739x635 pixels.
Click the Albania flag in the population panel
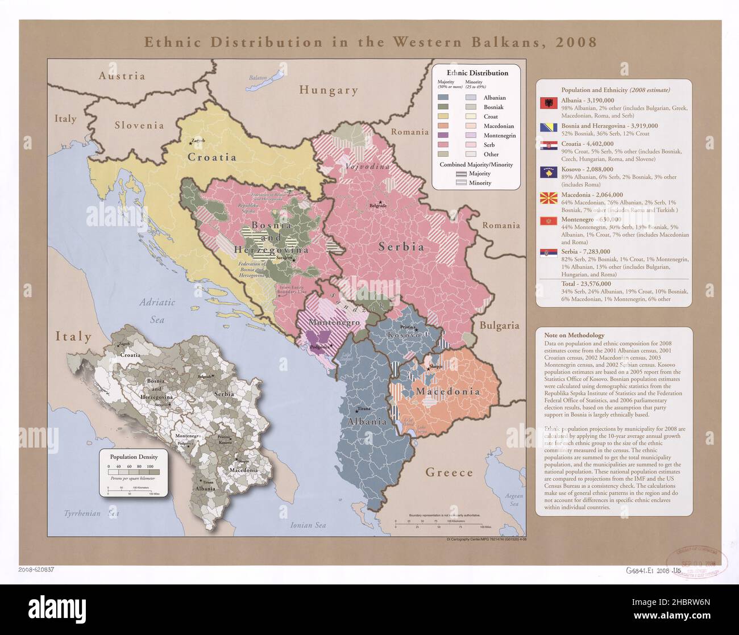point(549,103)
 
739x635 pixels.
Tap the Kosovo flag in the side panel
point(549,172)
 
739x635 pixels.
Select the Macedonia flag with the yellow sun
point(549,199)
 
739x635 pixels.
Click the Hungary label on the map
point(329,90)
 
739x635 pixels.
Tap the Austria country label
point(122,76)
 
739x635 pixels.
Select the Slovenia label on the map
point(139,126)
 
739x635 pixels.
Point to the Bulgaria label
point(499,325)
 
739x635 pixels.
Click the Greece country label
point(449,472)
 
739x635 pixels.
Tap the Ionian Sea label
point(308,525)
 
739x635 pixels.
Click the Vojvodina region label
point(368,166)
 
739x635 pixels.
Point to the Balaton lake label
point(258,78)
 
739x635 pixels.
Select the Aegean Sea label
point(514,499)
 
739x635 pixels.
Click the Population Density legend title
point(134,457)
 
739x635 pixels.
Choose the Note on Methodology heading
point(574,335)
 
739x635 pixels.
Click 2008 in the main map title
point(577,42)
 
